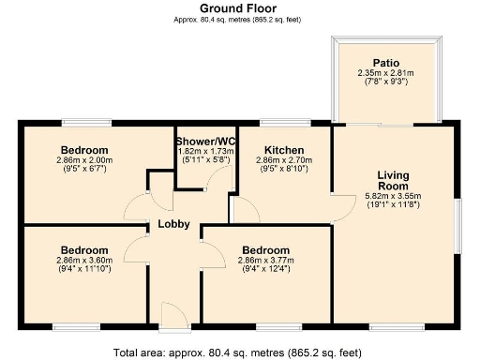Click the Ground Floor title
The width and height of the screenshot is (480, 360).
[x=238, y=8]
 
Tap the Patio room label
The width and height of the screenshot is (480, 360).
[x=386, y=63]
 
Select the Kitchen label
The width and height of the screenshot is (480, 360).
[x=284, y=150]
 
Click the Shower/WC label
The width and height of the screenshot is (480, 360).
[x=205, y=142]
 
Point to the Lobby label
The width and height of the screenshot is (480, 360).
[x=173, y=224]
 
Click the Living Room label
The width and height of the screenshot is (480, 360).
[x=393, y=181]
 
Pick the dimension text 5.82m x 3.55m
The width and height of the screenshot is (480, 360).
[x=393, y=196]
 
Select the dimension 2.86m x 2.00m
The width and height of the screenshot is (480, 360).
[x=84, y=160]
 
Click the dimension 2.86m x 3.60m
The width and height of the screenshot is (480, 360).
[x=84, y=261]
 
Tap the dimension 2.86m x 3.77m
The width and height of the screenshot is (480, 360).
[x=265, y=261]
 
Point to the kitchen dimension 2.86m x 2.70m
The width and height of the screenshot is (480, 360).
[x=284, y=160]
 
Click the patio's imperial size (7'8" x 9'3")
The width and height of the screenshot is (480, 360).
[x=386, y=82]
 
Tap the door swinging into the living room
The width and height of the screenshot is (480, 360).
[x=344, y=209]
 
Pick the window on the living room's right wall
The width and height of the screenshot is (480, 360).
[x=457, y=226]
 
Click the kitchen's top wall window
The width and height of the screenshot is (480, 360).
[x=285, y=123]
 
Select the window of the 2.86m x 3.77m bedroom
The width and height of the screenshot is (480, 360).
[x=279, y=327]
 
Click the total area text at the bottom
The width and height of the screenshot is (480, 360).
[x=237, y=352]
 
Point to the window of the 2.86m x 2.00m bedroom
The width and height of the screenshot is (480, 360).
[x=86, y=123]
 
